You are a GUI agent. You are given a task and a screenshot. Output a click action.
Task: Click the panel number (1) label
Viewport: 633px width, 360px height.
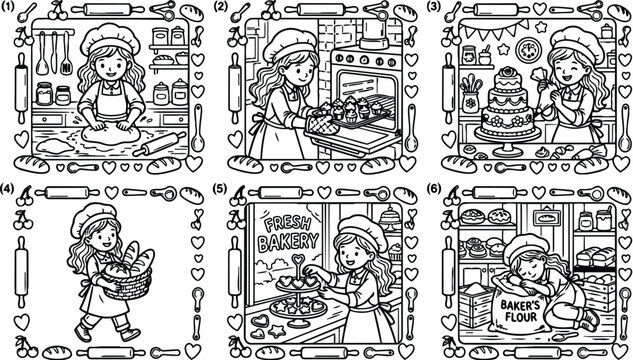point(7,6)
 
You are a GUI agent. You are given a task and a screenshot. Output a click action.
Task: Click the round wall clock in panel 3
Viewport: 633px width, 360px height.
point(528,47)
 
